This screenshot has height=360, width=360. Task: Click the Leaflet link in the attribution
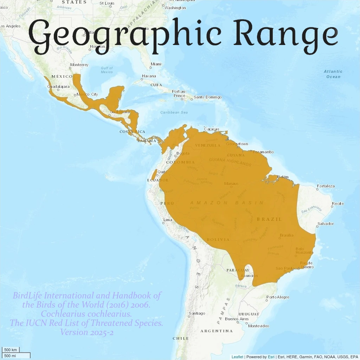[237, 357]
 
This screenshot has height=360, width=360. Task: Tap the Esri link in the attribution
[271, 357]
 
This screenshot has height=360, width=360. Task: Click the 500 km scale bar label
[11, 350]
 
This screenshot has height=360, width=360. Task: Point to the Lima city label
[168, 220]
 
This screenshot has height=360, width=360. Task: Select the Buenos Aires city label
[237, 319]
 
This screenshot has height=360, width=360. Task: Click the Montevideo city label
[258, 326]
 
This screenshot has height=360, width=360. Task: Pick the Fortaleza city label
[326, 186]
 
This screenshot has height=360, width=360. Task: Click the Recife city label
[337, 204]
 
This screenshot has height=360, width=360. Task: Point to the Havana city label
[148, 76]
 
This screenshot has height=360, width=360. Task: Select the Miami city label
[156, 64]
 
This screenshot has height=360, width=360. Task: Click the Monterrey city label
[79, 65]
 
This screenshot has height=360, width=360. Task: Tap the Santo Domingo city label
[207, 97]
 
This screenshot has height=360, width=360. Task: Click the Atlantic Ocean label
[333, 74]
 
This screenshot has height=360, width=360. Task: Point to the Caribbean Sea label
[174, 112]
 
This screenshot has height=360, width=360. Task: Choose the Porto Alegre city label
[278, 297]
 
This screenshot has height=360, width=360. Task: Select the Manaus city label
[231, 184]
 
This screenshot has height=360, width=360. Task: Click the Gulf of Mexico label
[107, 70]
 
